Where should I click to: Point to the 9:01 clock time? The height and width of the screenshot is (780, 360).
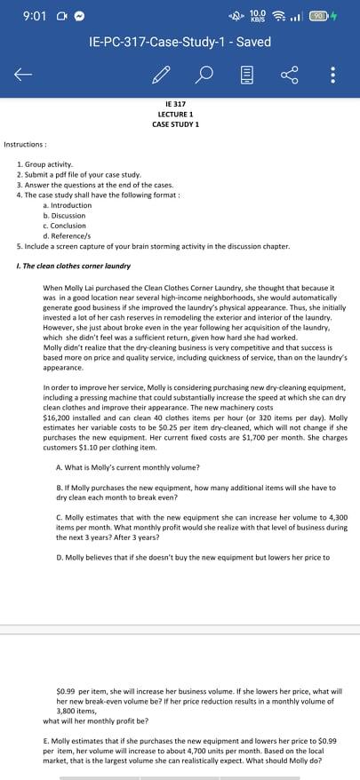pos(30,15)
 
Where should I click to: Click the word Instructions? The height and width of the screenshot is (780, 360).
pos(25,143)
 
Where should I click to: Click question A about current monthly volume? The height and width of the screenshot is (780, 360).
pos(127,467)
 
